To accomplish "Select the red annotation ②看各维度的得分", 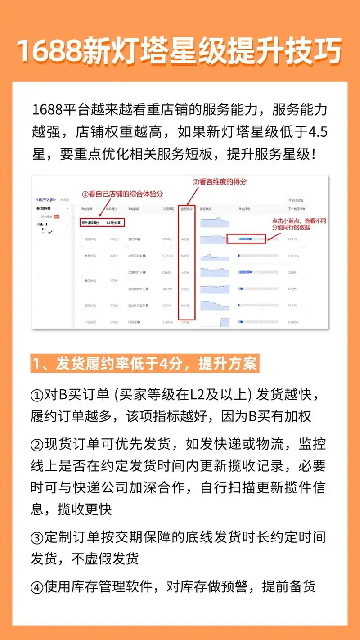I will pos(220,182).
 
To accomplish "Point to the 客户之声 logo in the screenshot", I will pos(45,199).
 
